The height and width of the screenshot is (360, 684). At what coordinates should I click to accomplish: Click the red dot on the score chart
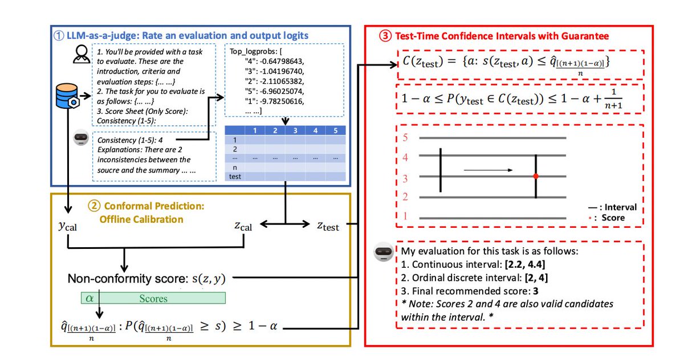[535, 177]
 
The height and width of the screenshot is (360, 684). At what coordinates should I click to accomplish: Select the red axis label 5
[405, 138]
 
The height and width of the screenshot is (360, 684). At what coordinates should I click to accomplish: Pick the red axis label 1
[405, 216]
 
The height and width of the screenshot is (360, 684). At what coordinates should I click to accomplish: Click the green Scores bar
[153, 298]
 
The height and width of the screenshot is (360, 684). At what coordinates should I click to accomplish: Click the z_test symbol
[328, 226]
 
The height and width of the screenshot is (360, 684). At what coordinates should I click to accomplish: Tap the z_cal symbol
[243, 226]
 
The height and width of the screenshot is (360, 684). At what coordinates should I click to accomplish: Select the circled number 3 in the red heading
[386, 36]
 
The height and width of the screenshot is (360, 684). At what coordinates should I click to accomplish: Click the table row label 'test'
[235, 176]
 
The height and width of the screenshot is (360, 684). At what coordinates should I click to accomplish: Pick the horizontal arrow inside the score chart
[488, 170]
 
